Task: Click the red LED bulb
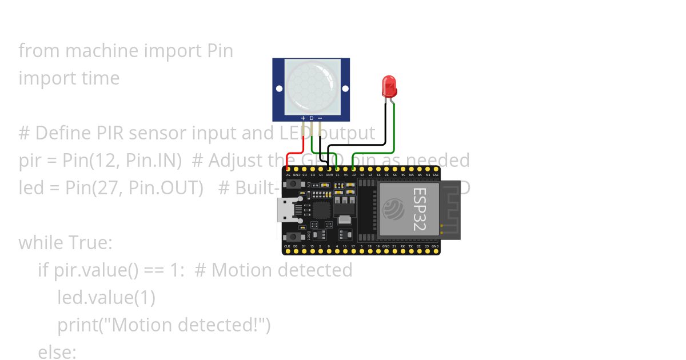[x=389, y=86]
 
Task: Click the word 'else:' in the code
[x=57, y=352]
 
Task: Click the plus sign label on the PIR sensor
[x=303, y=118]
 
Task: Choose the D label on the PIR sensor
[x=312, y=118]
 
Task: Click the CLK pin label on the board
[x=287, y=246]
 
